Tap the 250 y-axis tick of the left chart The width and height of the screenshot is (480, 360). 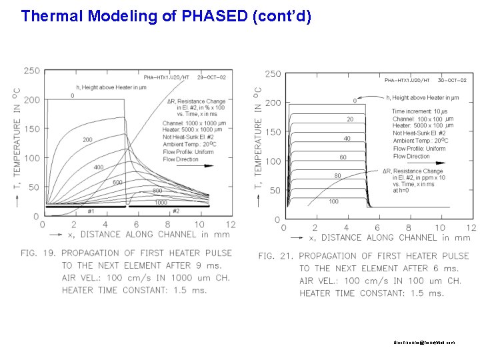31,71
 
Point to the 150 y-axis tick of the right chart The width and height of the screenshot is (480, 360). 273,132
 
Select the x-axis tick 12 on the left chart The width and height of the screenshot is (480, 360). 231,225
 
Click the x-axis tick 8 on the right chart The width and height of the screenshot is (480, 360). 409,228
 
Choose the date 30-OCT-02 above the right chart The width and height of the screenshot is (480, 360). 452,80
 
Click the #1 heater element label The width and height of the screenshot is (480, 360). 91,211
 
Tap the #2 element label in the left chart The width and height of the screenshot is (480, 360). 175,211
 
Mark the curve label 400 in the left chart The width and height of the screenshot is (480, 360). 99,167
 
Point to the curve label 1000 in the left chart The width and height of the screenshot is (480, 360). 161,202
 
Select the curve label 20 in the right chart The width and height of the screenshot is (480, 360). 349,120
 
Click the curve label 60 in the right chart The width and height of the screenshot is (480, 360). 343,157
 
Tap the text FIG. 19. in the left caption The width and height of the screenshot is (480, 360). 39,253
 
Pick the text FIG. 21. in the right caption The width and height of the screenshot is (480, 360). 276,256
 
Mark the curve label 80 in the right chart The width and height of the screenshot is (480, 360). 338,176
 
